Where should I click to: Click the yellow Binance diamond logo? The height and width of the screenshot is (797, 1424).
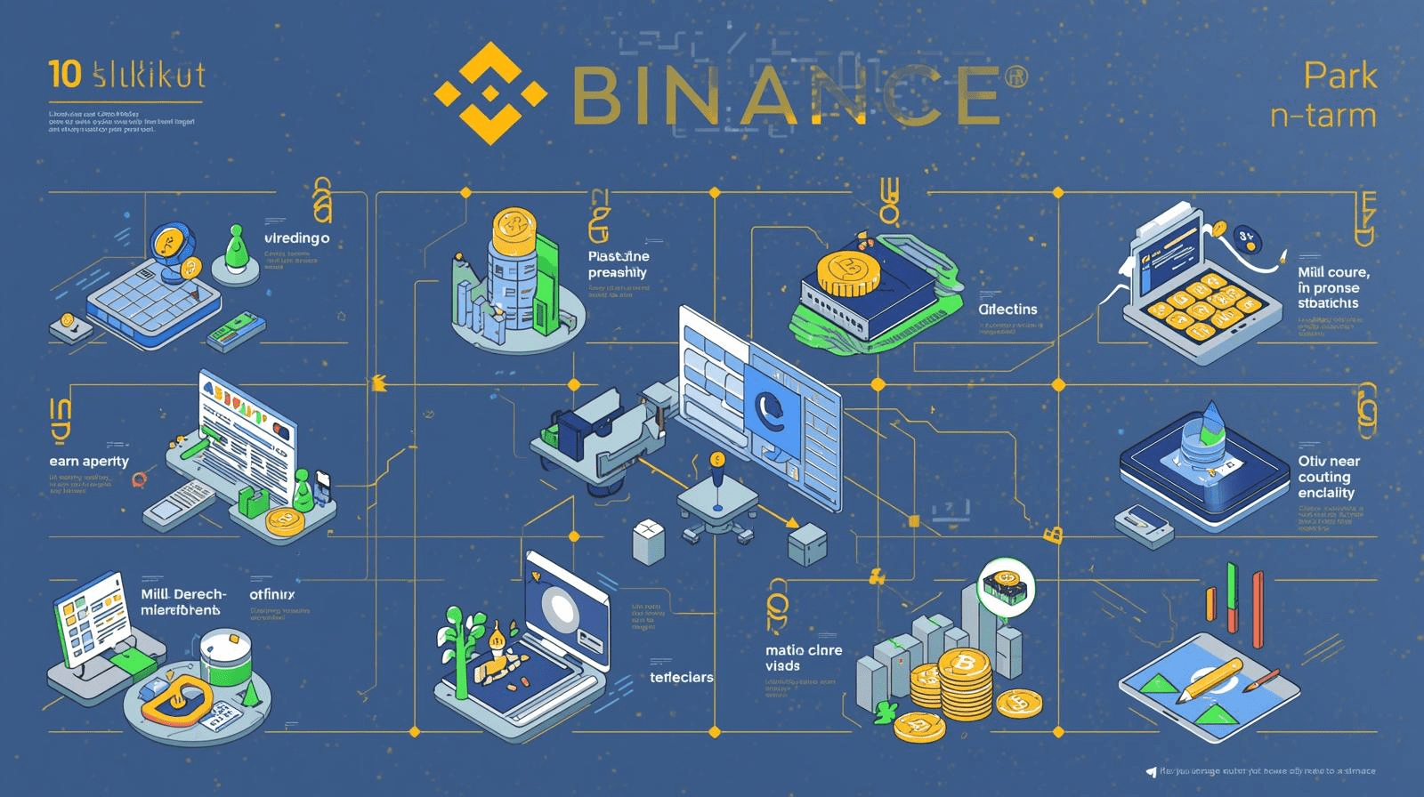(x=489, y=93)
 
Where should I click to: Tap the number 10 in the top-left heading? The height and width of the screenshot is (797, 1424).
(x=65, y=76)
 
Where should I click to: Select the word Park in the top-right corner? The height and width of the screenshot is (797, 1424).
(x=1340, y=77)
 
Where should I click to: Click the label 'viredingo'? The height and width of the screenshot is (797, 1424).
(x=297, y=238)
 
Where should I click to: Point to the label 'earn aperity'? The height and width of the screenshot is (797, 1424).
(x=89, y=461)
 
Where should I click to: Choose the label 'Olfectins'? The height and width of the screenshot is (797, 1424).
(x=1007, y=310)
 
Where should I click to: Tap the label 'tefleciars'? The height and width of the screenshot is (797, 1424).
(x=681, y=677)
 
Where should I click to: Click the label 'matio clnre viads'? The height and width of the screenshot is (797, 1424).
(x=803, y=658)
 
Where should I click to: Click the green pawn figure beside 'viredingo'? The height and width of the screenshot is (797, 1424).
(x=236, y=250)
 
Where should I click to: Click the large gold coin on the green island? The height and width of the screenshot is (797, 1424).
(x=847, y=271)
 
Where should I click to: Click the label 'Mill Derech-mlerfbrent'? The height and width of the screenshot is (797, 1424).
(x=182, y=602)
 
